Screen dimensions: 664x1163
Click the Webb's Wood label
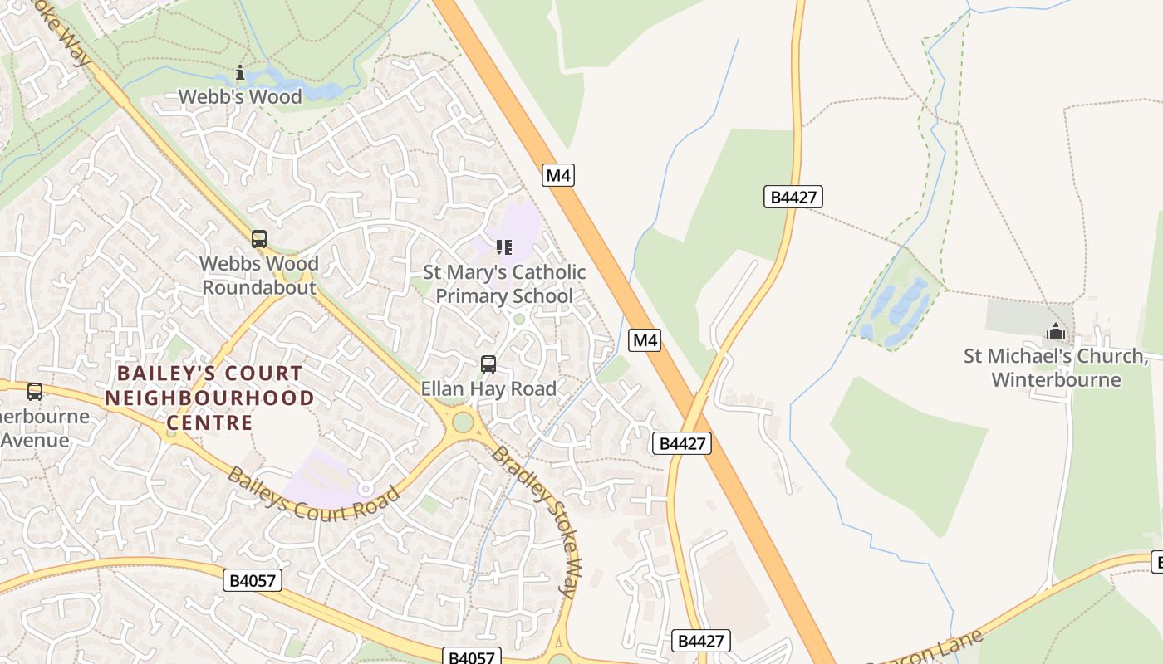click(x=240, y=97)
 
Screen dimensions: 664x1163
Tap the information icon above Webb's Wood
click(x=240, y=73)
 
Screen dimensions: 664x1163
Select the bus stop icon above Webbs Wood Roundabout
click(x=259, y=239)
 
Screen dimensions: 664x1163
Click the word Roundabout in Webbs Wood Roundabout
click(x=259, y=288)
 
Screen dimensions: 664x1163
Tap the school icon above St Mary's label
click(x=503, y=247)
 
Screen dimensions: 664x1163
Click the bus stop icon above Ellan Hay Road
click(x=488, y=364)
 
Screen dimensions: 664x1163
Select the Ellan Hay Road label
click(x=488, y=388)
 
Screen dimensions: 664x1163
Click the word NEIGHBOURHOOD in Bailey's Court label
click(x=209, y=398)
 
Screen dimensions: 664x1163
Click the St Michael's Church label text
click(x=1055, y=356)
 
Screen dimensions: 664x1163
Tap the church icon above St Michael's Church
click(x=1056, y=332)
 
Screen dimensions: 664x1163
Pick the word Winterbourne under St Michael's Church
click(x=1056, y=380)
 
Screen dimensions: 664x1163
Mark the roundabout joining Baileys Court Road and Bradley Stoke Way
click(x=463, y=422)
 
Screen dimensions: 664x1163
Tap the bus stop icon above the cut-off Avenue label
click(x=35, y=392)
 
